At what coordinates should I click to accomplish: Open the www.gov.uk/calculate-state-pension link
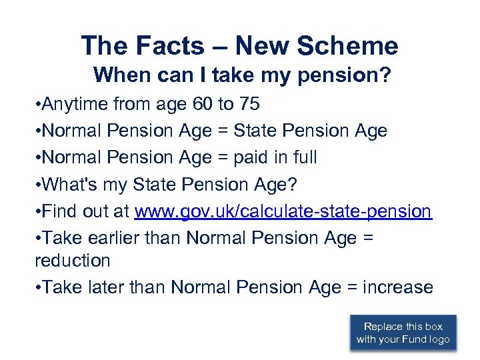283,211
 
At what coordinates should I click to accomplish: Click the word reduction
72,260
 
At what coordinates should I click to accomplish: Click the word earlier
110,238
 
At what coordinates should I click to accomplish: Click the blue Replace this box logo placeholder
403,333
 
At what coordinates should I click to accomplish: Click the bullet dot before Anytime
39,105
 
